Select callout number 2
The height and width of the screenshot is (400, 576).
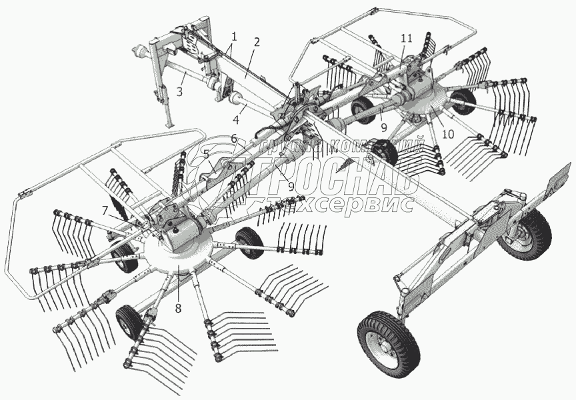click(255, 41)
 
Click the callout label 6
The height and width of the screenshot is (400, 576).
click(233, 138)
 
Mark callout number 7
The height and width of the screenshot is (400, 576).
click(105, 210)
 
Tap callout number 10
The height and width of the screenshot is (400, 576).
click(447, 133)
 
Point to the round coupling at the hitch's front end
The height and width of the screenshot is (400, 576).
click(141, 51)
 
